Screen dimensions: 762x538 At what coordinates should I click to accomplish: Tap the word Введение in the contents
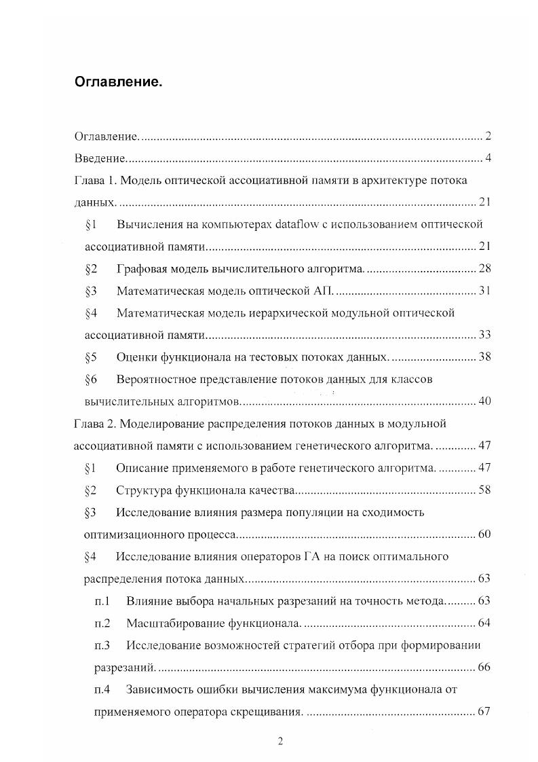(x=100, y=159)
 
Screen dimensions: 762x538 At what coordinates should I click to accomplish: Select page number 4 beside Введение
(x=488, y=159)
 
